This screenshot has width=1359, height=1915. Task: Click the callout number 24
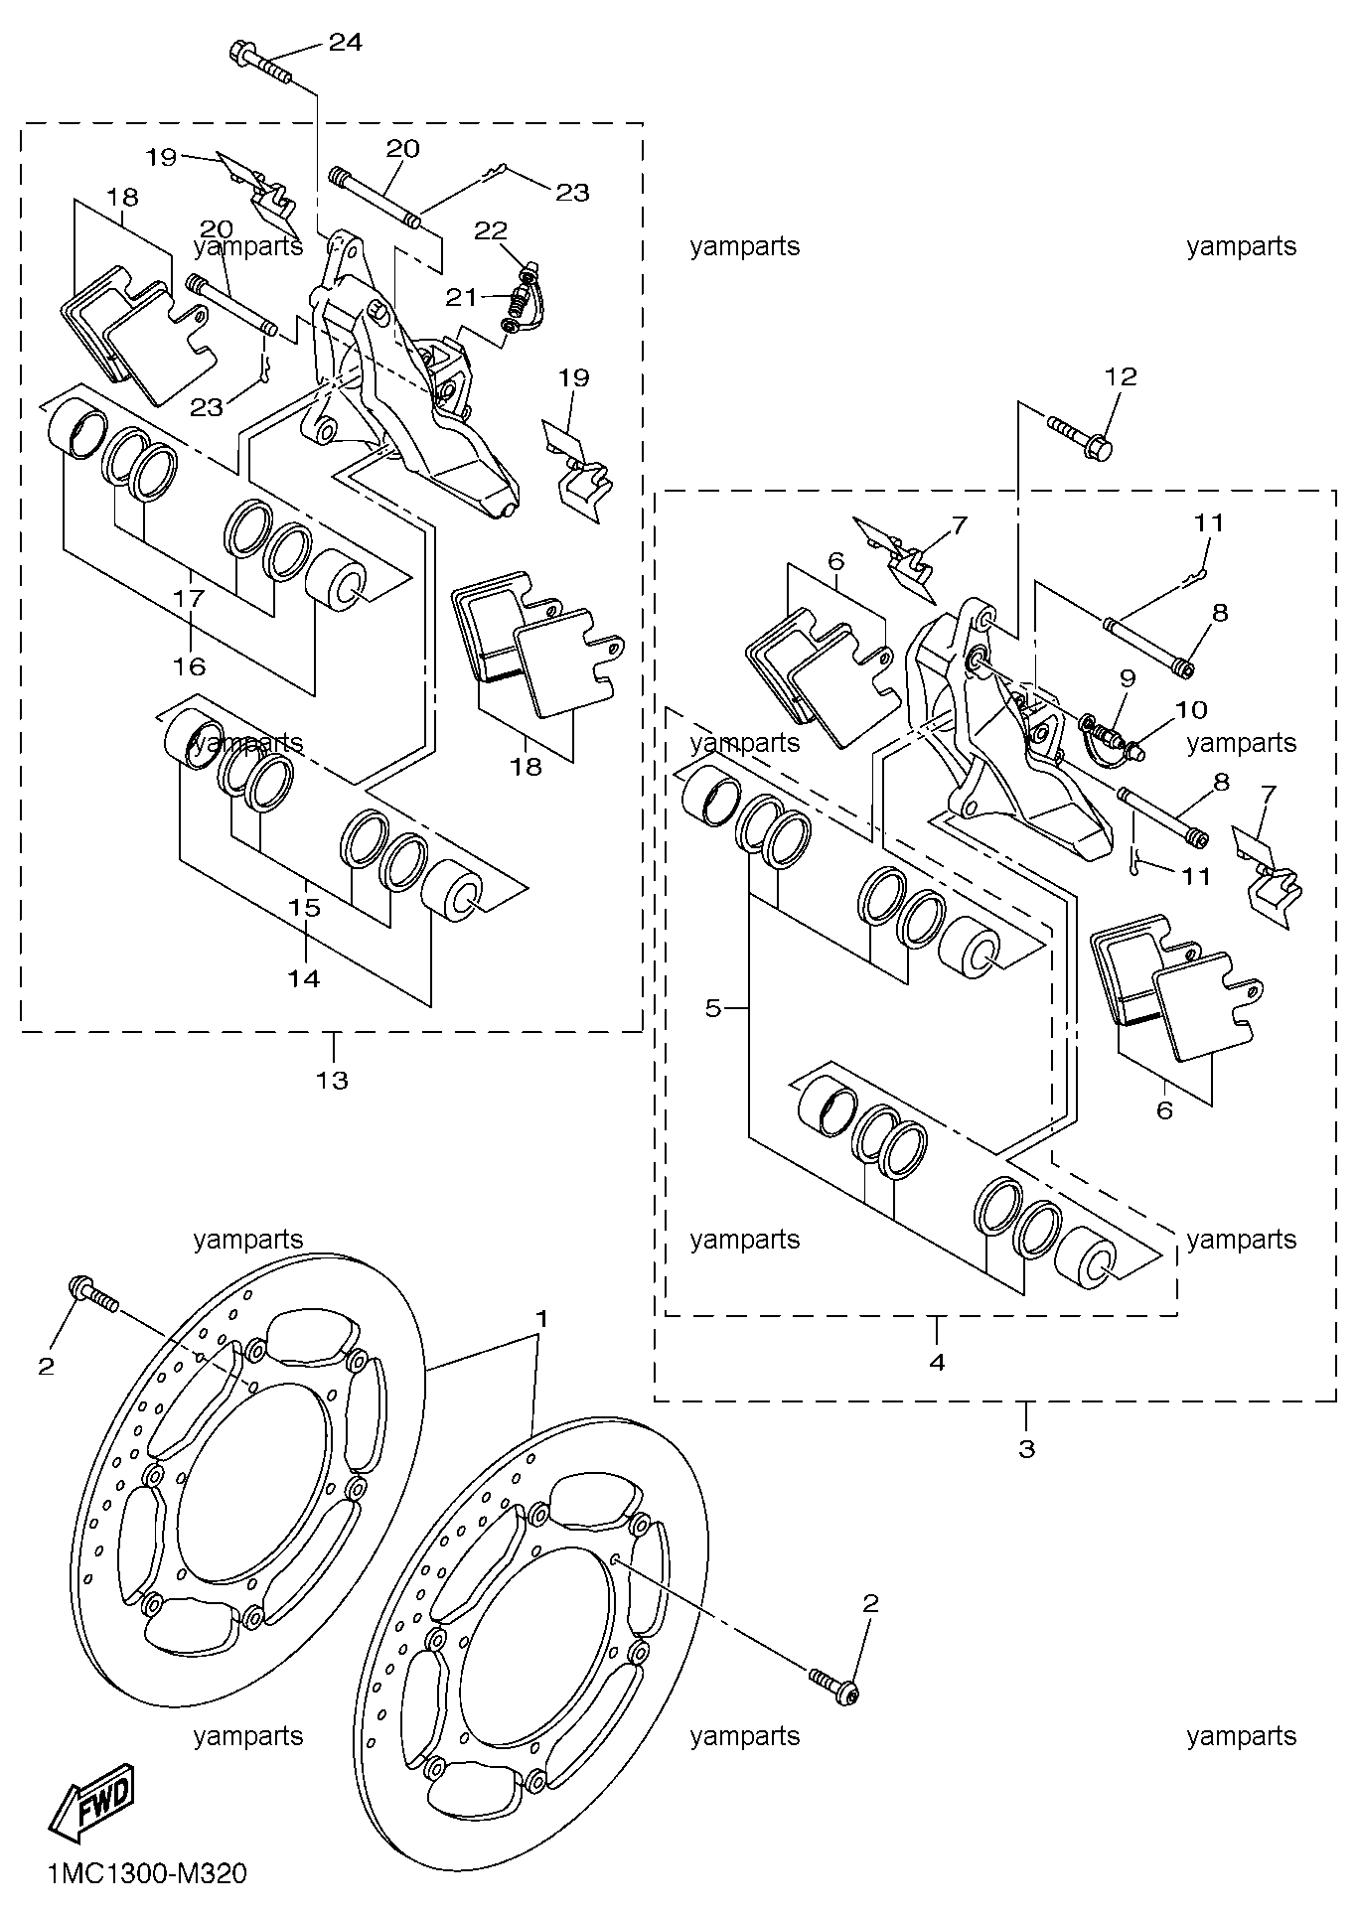346,42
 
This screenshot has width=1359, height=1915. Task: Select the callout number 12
1121,376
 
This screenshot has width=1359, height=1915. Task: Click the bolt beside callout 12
1080,440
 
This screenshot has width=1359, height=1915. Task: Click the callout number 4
937,1362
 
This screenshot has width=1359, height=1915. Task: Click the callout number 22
490,230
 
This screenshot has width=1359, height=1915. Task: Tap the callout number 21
460,297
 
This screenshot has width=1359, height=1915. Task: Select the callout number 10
1191,709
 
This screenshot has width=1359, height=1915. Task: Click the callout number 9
1127,678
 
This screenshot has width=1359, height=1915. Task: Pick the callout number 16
189,665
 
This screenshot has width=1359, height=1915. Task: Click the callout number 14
304,977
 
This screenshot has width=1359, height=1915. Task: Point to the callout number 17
189,598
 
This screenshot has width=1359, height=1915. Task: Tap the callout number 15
304,907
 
